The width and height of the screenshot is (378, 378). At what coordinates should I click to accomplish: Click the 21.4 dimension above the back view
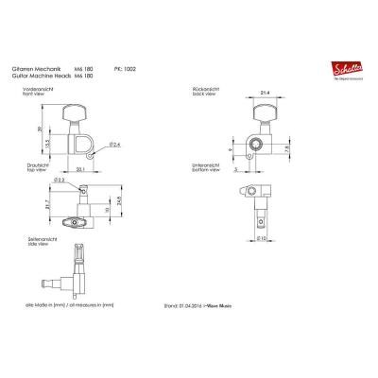point(267,94)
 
